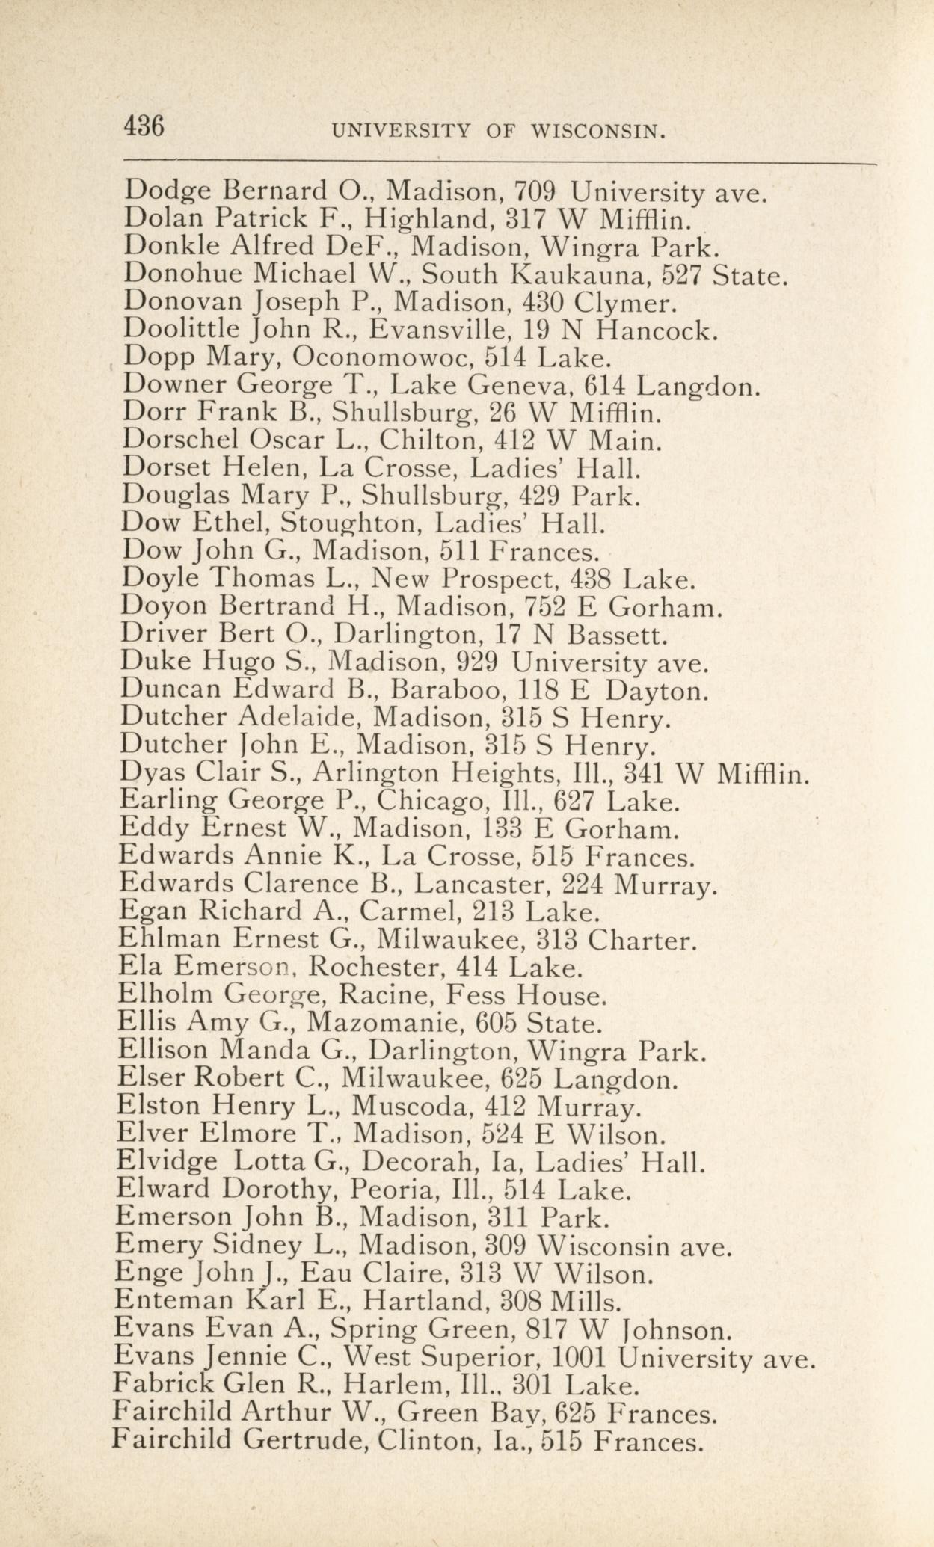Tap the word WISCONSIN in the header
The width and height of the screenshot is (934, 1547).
tap(598, 132)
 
